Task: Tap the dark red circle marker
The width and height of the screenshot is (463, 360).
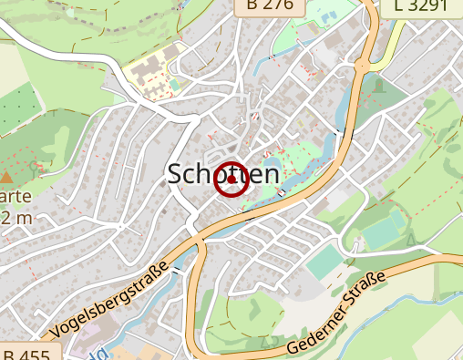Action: click(231, 179)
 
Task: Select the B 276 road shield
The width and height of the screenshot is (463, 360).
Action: click(271, 7)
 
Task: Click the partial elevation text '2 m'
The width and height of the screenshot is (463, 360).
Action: click(16, 218)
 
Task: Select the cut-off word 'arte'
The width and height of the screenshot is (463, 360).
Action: click(16, 197)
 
